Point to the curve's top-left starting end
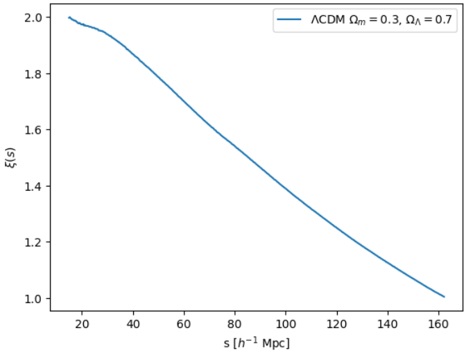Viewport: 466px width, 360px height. pyautogui.click(x=69, y=17)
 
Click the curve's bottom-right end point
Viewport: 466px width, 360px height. pyautogui.click(x=444, y=297)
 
